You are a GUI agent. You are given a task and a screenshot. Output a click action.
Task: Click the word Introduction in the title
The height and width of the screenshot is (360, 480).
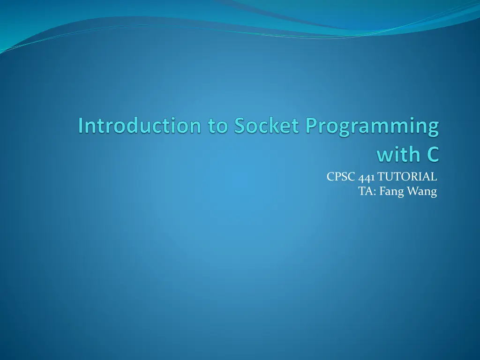pos(140,125)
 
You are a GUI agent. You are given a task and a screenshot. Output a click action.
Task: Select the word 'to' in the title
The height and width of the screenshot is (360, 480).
pos(217,126)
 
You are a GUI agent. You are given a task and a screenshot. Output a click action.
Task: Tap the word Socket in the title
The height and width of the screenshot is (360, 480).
pos(266,125)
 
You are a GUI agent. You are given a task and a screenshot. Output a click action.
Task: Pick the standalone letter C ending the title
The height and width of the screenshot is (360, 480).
pos(433,154)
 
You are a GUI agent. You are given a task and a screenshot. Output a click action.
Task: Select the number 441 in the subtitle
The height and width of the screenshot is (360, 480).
pos(366,177)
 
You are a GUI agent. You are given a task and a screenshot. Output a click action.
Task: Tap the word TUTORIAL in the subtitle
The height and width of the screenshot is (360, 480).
pos(407,177)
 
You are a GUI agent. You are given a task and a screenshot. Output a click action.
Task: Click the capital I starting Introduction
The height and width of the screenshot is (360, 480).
pos(81,126)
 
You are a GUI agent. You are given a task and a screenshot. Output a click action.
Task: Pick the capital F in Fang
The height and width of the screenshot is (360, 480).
pos(382,191)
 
